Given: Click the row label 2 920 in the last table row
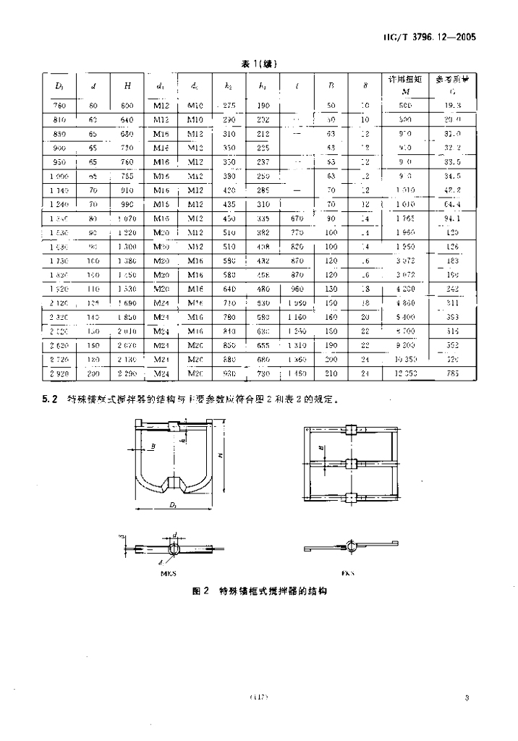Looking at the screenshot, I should point(59,373).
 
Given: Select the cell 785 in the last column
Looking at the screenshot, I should point(452,373).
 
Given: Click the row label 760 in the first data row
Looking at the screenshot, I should point(59,106).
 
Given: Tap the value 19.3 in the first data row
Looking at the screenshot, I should point(452,106).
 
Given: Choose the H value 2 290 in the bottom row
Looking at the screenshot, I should point(127,373).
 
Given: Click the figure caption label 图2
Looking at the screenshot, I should point(200,591).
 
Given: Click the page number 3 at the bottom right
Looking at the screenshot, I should point(467,698).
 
